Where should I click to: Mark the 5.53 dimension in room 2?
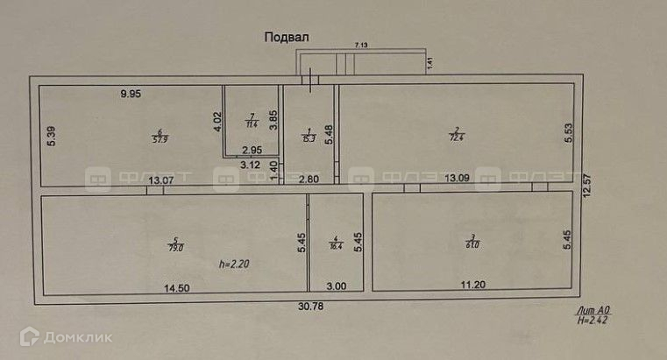tap(569, 132)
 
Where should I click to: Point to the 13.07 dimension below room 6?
tap(160, 181)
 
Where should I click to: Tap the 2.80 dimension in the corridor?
tap(308, 180)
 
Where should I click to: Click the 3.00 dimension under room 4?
tap(337, 286)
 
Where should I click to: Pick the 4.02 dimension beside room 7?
tap(217, 120)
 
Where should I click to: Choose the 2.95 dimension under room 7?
tap(253, 151)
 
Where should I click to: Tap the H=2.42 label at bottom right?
tap(592, 321)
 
